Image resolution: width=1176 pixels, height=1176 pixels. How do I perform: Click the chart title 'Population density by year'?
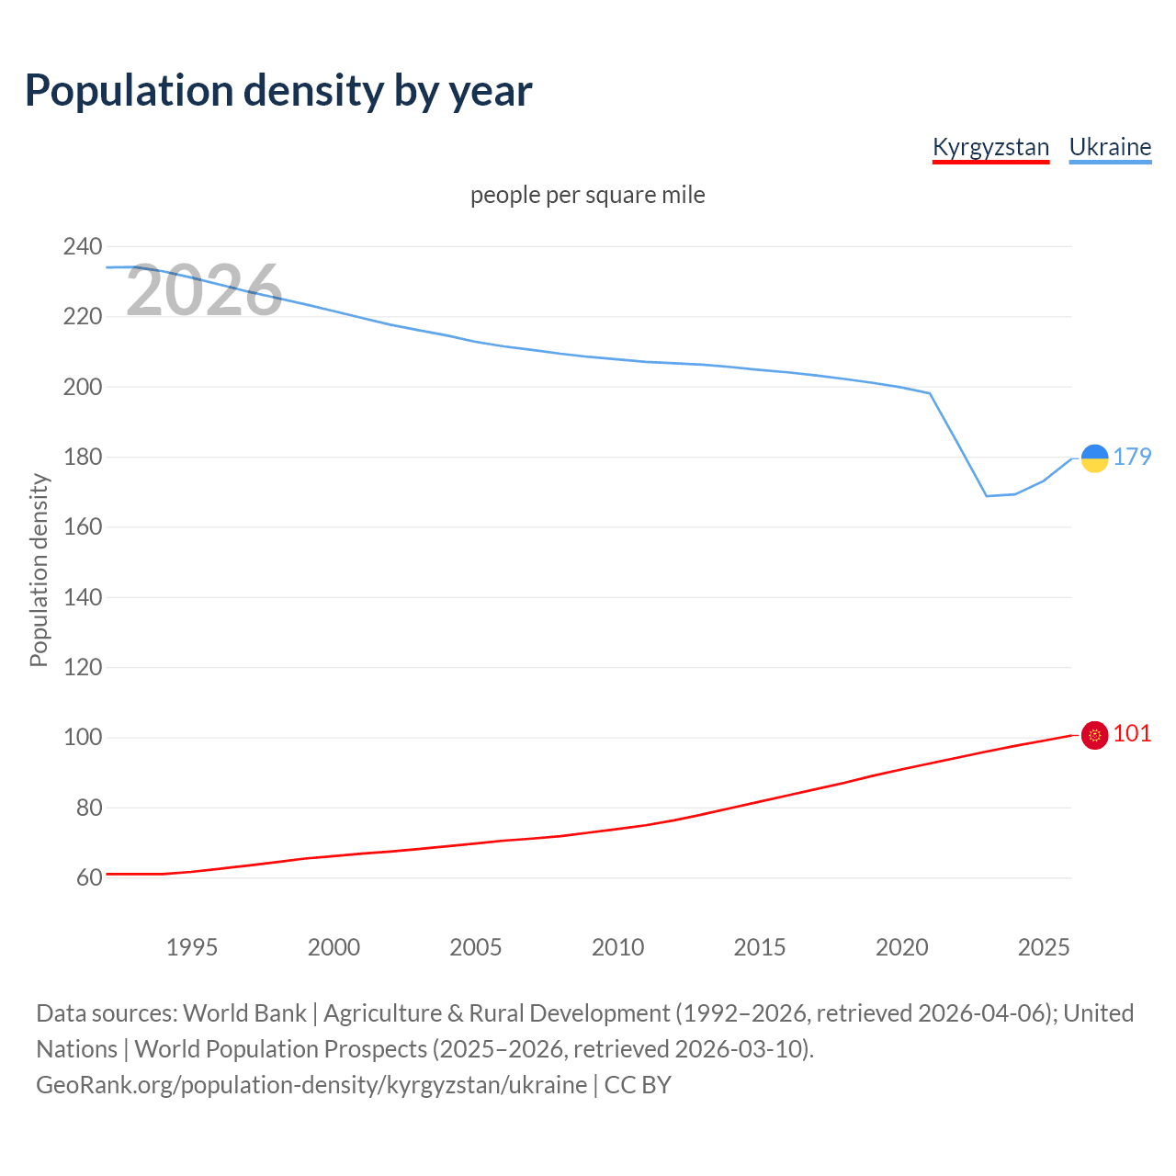(x=278, y=90)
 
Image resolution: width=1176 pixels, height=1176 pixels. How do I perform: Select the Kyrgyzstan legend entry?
(x=990, y=147)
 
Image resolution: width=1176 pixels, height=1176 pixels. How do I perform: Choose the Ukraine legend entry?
(x=1110, y=147)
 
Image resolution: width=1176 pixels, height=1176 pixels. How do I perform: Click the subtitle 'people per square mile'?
(x=588, y=195)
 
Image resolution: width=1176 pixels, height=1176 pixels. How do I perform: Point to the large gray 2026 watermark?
(x=204, y=291)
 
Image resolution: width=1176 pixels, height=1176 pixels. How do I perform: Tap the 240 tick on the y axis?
(x=82, y=246)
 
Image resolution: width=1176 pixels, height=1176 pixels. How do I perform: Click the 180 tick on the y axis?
(x=82, y=457)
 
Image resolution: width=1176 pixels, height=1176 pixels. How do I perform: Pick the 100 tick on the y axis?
(x=82, y=738)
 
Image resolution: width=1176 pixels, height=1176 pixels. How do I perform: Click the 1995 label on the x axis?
(x=192, y=947)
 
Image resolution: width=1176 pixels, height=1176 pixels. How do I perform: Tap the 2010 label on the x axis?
(x=617, y=947)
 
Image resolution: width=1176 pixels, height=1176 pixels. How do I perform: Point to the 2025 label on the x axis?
(x=1044, y=947)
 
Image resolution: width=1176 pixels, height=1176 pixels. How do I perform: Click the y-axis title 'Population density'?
(x=39, y=570)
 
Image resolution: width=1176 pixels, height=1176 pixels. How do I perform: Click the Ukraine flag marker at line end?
(x=1094, y=458)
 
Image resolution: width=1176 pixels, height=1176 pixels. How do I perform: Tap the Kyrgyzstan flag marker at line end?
(x=1094, y=735)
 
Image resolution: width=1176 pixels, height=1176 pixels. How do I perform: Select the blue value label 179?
(x=1132, y=457)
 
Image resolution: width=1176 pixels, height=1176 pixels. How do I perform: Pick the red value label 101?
(x=1132, y=733)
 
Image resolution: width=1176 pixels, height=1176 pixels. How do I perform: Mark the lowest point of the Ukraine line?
(x=987, y=496)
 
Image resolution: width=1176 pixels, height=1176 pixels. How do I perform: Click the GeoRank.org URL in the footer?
(x=311, y=1085)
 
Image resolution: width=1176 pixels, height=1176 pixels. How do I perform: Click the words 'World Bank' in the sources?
(x=244, y=1013)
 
